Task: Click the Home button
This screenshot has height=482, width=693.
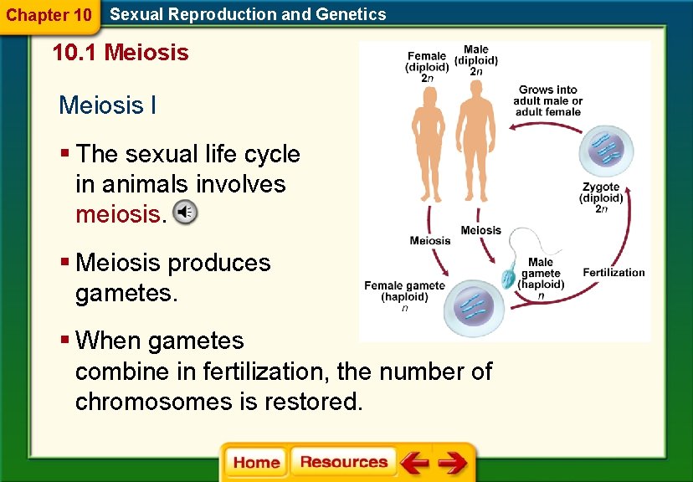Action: point(256,463)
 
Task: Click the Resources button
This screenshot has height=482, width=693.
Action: point(343,463)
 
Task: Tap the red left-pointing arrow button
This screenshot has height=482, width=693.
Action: point(414,463)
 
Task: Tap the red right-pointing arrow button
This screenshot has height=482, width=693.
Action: point(453,463)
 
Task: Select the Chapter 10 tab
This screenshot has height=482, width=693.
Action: point(49,15)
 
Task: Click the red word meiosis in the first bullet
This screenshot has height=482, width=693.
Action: point(118,214)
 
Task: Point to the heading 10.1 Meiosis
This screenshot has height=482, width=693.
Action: point(121,54)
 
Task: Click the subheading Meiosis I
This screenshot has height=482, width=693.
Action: point(107,105)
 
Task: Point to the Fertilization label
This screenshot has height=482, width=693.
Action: point(613,273)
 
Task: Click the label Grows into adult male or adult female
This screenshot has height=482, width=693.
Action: point(547,100)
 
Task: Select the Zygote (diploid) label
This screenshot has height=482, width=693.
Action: point(601,198)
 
